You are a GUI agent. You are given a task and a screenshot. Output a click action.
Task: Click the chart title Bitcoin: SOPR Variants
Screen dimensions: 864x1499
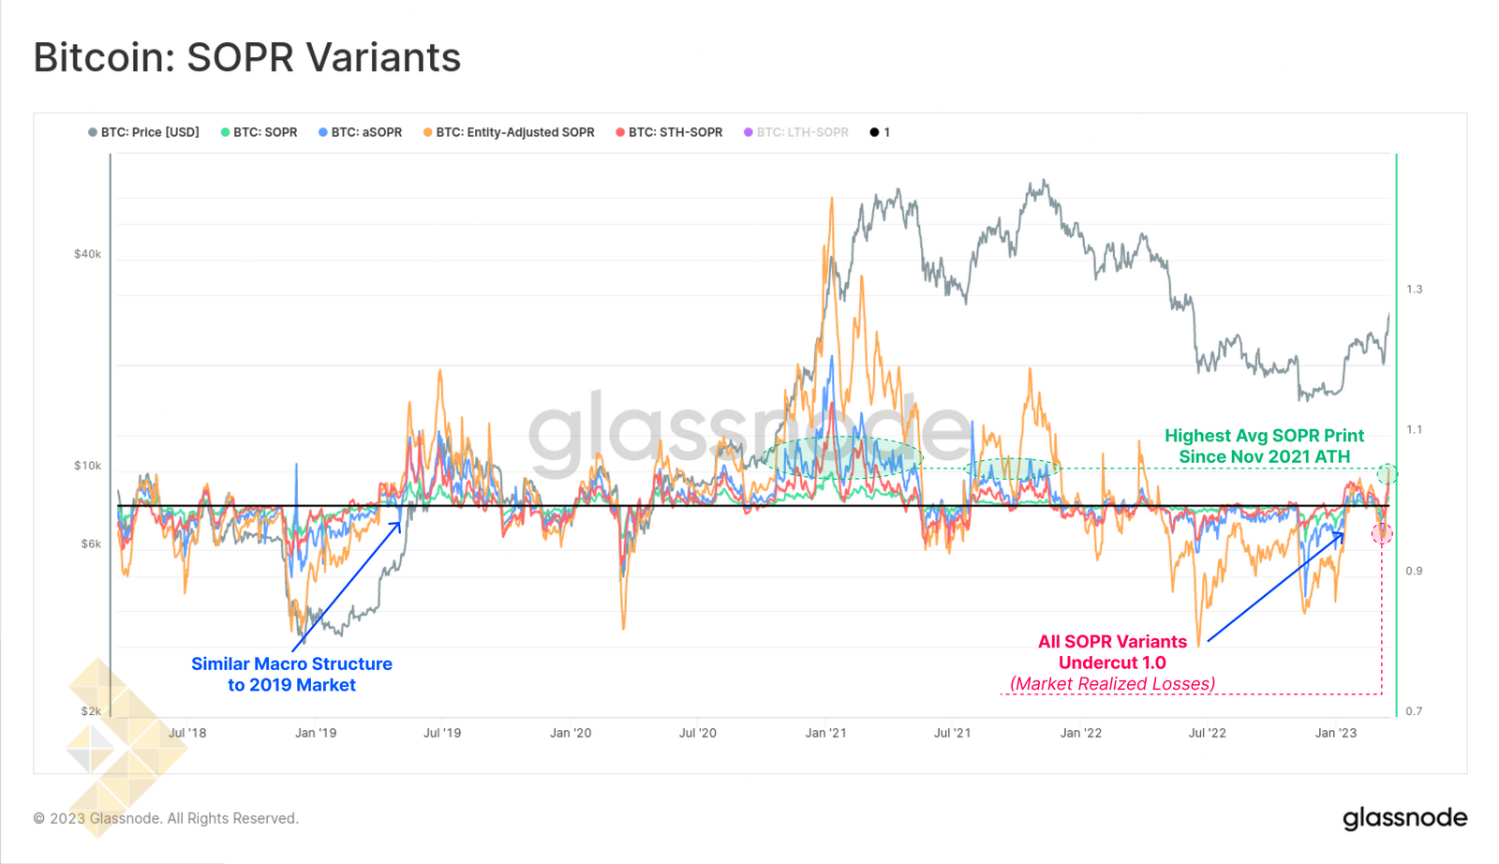tap(247, 58)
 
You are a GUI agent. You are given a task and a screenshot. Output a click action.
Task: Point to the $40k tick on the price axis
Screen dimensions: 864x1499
tap(87, 254)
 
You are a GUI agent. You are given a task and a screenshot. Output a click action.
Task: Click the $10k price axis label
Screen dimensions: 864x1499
tap(87, 466)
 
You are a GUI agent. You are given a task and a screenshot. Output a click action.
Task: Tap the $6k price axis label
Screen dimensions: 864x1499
tap(91, 544)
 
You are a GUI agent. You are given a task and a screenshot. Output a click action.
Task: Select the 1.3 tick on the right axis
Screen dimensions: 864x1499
tap(1414, 289)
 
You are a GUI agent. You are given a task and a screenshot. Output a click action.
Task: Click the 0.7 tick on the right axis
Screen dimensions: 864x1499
tap(1414, 711)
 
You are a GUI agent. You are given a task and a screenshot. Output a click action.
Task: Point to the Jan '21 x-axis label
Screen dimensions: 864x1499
tap(825, 733)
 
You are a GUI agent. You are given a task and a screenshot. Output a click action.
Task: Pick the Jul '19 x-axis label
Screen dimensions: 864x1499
tap(442, 733)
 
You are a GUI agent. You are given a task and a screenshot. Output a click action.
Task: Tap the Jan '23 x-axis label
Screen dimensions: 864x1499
tap(1335, 733)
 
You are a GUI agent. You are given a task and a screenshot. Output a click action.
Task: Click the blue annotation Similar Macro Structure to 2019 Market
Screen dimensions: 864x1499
tap(291, 674)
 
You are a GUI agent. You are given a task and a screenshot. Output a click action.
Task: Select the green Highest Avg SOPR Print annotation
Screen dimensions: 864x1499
tap(1264, 446)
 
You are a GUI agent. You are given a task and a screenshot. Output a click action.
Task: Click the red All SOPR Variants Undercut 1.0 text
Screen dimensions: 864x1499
tap(1112, 652)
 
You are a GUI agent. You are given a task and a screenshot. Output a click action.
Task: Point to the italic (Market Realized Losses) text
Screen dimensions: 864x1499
tap(1112, 684)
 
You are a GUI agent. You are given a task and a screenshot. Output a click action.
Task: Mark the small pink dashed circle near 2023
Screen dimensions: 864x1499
tap(1382, 534)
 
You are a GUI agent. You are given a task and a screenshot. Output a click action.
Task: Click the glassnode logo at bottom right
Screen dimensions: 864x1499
tap(1404, 818)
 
